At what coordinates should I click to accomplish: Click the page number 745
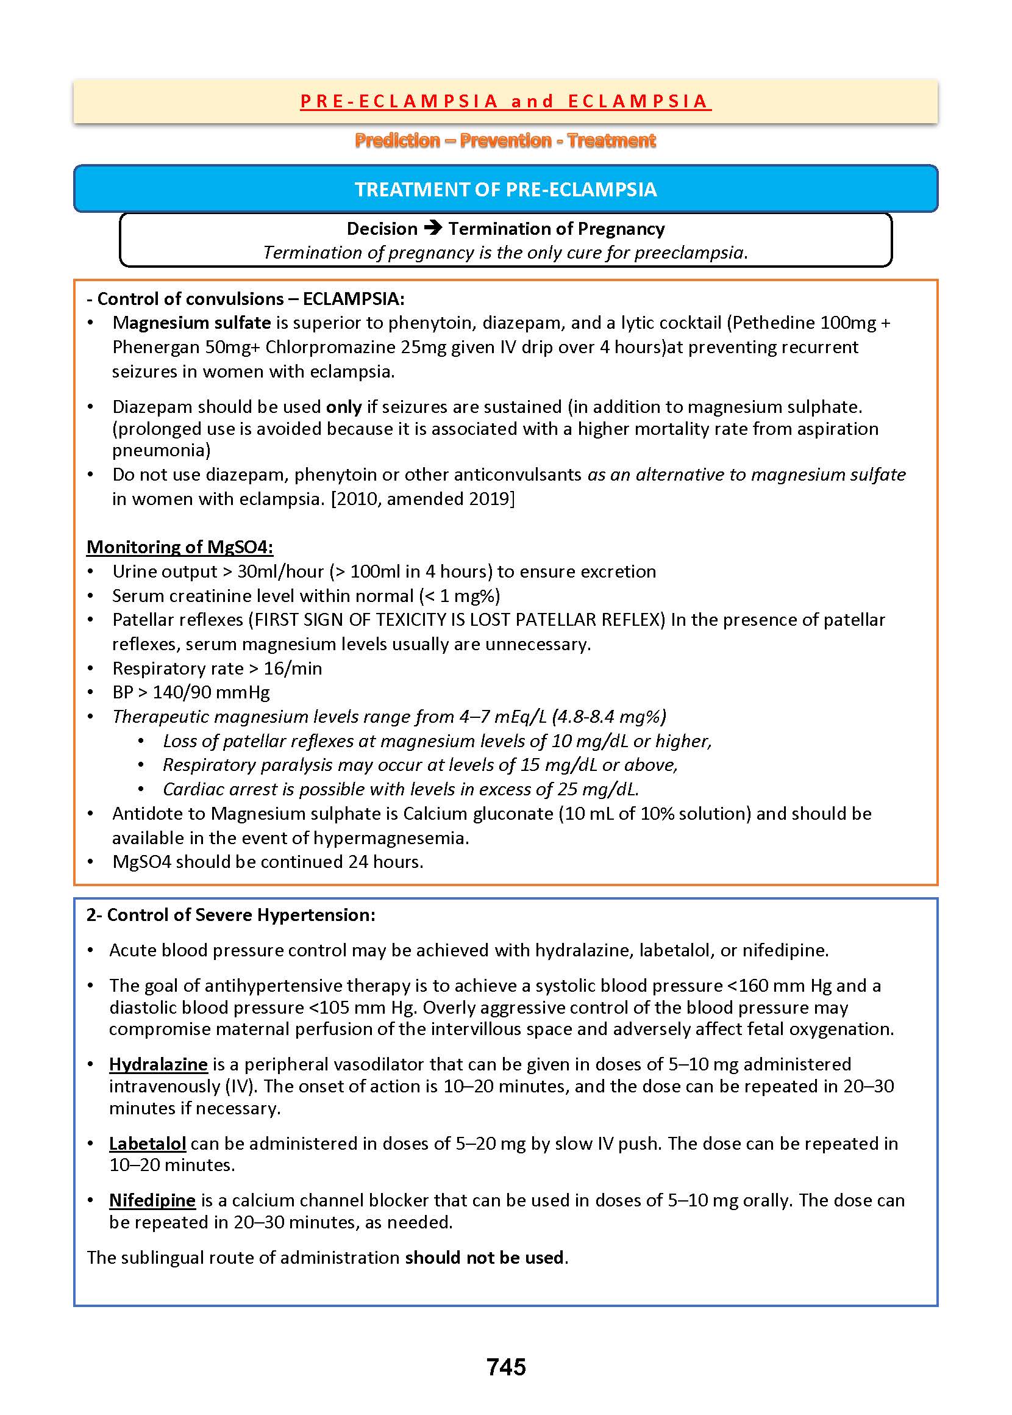506,1367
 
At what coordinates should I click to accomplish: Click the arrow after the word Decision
433,228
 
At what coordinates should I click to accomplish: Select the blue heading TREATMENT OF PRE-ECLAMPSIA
505,190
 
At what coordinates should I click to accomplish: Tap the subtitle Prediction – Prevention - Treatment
505,140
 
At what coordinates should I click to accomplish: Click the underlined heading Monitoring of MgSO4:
179,546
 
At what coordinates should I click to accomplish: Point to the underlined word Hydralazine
158,1064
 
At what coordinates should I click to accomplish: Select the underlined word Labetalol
147,1143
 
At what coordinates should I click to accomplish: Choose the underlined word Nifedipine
152,1200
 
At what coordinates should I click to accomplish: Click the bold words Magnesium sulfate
191,322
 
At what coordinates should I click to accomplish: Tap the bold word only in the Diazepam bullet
343,406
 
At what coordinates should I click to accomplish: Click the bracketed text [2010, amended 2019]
422,499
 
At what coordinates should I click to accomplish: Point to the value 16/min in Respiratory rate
293,668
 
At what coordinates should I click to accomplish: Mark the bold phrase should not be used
484,1257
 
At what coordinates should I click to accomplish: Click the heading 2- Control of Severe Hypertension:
230,914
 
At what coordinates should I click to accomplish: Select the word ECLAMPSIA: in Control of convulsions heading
354,299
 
